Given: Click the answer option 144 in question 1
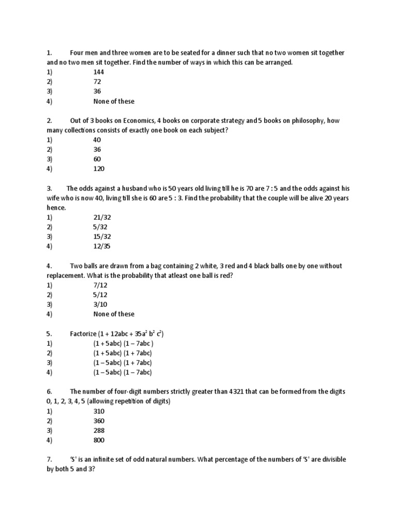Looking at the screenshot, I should click(99, 72).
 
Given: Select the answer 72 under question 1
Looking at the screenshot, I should click(97, 82).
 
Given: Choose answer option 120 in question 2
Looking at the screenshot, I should click(99, 169).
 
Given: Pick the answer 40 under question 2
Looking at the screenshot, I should click(97, 140).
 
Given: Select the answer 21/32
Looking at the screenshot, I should click(102, 217).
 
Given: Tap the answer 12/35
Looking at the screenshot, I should click(102, 246).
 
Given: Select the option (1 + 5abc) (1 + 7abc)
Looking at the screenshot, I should click(123, 353).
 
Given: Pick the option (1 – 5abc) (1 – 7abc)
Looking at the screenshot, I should click(123, 372).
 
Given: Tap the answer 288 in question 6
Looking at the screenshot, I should click(99, 430).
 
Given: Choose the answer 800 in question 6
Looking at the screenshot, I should click(99, 440).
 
